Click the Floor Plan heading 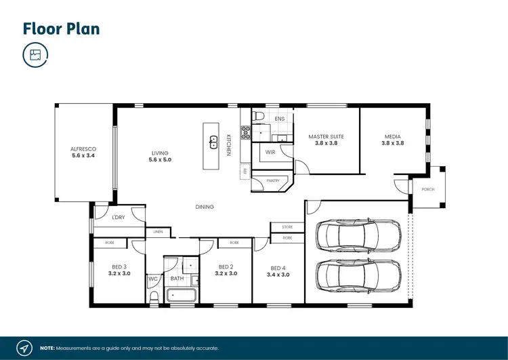[x=62, y=28]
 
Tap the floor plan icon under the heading [x=35, y=56]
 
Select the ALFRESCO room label [x=85, y=153]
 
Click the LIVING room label [x=160, y=157]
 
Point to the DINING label [x=205, y=207]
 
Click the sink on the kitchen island [x=213, y=142]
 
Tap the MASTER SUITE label [x=326, y=140]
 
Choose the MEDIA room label [x=392, y=140]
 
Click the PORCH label [x=427, y=190]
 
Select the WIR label [x=270, y=153]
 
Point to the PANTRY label [x=273, y=181]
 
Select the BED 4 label [x=278, y=271]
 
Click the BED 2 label [x=226, y=270]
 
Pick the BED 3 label [x=119, y=270]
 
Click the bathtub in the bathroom [x=181, y=296]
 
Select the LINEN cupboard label [x=158, y=232]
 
